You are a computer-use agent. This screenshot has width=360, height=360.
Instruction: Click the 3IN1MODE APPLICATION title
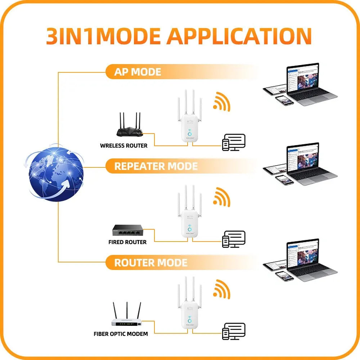click(x=179, y=36)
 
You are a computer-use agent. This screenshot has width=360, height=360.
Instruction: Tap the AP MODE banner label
click(x=138, y=72)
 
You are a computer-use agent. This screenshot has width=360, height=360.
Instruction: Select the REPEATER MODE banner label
click(x=156, y=166)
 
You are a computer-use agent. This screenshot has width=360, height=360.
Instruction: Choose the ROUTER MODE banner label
click(x=150, y=262)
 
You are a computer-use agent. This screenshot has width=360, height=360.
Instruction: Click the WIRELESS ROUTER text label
click(x=123, y=146)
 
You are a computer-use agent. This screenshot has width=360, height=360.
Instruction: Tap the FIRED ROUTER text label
click(x=127, y=242)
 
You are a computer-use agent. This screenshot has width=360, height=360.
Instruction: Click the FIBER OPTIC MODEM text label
click(x=121, y=334)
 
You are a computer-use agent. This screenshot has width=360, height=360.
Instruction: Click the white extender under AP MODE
click(x=189, y=119)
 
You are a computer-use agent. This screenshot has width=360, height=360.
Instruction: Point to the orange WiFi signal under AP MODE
click(x=221, y=102)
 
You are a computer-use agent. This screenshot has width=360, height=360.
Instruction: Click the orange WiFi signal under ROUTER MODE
click(x=221, y=290)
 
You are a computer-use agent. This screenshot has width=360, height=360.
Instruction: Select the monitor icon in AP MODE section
click(x=234, y=142)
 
